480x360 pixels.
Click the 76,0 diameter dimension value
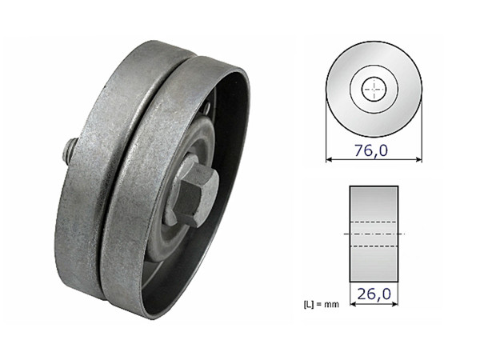[374, 149]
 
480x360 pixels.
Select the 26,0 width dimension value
[374, 294]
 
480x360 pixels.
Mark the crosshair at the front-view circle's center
[374, 89]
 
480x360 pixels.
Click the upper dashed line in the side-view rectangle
[374, 222]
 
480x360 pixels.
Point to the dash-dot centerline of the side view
[374, 233]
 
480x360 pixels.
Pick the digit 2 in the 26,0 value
[362, 294]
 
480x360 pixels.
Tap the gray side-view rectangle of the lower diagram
[374, 200]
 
